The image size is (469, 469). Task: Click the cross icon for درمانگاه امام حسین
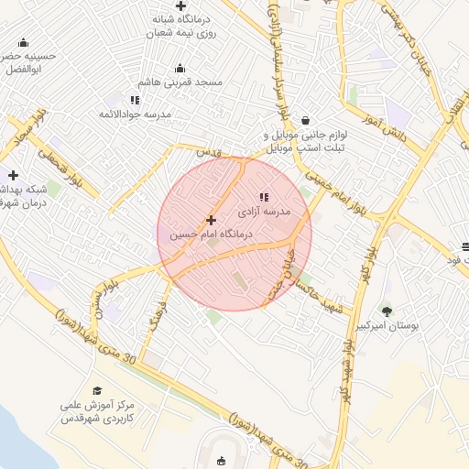tap(212, 220)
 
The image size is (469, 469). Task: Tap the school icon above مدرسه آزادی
tap(264, 196)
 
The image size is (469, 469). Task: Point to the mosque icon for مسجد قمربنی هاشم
tap(180, 67)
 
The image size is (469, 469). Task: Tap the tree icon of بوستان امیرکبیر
tap(387, 311)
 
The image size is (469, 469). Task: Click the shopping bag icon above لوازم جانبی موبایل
tap(305, 119)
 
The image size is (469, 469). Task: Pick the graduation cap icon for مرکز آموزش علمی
tap(97, 390)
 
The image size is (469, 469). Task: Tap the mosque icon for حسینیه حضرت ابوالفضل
tap(23, 41)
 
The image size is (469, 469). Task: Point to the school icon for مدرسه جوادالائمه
tap(135, 100)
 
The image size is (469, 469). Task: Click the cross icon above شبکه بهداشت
tap(12, 175)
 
